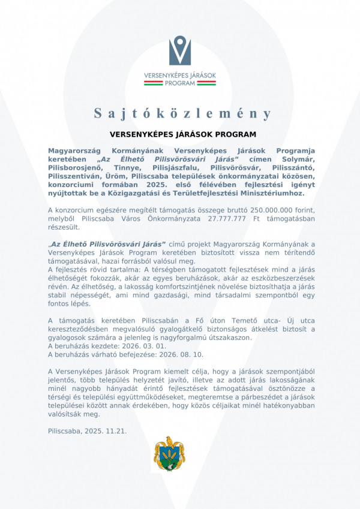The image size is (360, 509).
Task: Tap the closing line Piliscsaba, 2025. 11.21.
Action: click(87, 430)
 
